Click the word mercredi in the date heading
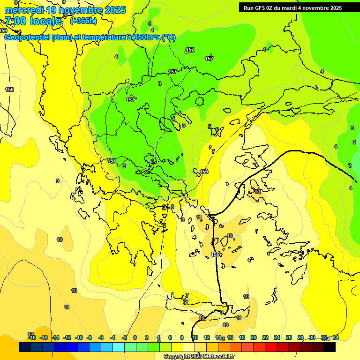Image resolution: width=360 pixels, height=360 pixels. (24, 10)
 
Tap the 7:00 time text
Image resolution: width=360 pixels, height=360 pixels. (15, 21)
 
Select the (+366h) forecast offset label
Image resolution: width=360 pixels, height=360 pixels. (83, 21)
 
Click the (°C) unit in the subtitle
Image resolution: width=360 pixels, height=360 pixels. (169, 37)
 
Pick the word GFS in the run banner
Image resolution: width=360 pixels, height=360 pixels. (261, 8)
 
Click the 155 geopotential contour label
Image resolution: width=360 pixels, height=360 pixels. (215, 255)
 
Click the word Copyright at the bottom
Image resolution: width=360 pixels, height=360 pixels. (176, 357)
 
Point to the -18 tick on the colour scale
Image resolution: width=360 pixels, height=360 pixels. (32, 337)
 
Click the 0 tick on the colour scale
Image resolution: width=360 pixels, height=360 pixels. (135, 337)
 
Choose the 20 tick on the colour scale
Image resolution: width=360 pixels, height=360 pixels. (254, 337)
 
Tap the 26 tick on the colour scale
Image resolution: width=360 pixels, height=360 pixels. (289, 337)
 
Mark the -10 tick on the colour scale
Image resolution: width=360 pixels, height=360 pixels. (79, 337)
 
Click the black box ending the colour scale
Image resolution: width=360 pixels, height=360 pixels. (330, 347)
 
